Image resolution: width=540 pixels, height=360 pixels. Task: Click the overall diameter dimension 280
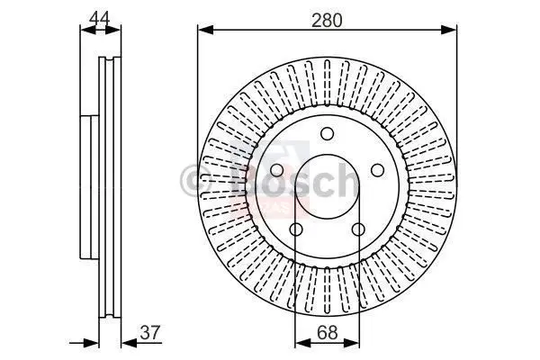pos(327,19)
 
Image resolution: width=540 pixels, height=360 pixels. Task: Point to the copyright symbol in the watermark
pos(190,179)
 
